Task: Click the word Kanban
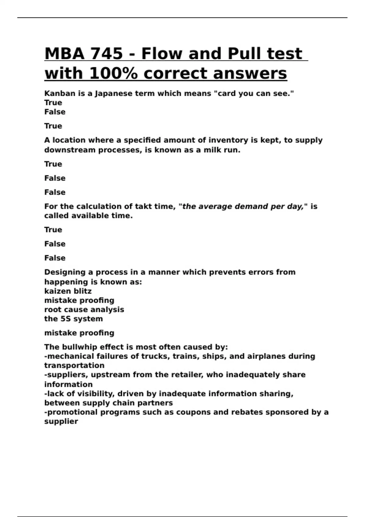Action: click(60, 94)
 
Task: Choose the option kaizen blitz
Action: click(68, 291)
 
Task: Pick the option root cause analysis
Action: click(84, 310)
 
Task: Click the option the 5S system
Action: click(73, 319)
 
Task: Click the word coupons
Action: click(193, 412)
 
